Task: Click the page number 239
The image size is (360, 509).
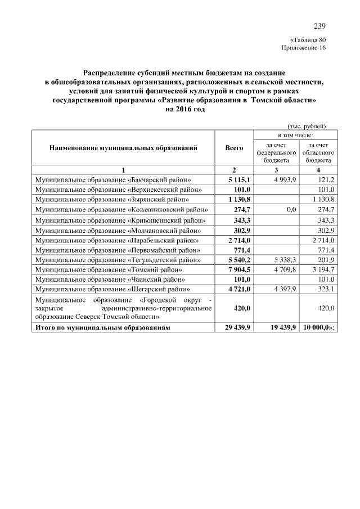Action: pos(319,26)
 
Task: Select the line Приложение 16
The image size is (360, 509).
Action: pos(303,48)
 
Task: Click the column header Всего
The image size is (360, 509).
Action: pos(234,148)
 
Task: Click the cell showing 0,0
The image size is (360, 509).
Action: pos(291,209)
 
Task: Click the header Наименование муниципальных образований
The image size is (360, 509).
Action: pos(123,148)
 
